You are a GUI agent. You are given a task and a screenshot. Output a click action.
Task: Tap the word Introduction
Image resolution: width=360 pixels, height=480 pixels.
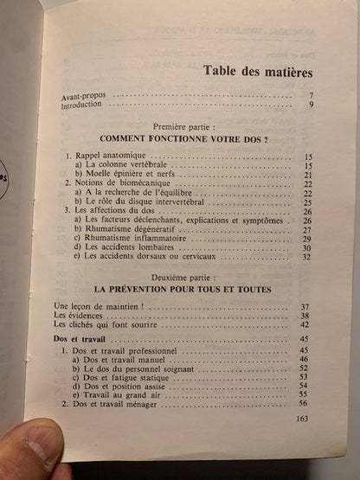(x=81, y=105)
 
